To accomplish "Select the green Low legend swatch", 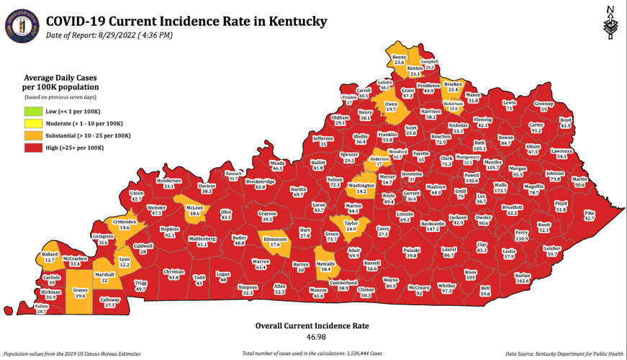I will click(32, 112).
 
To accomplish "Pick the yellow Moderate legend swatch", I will click(32, 124).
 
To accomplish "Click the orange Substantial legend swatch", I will click(32, 135).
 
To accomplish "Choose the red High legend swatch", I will click(32, 148).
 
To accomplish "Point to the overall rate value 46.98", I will click(312, 337).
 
